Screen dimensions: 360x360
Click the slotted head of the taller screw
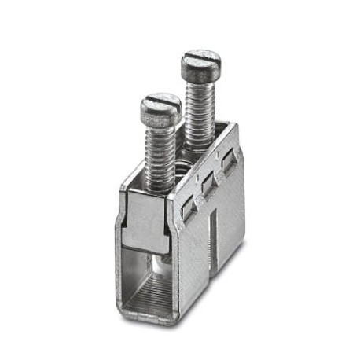200,61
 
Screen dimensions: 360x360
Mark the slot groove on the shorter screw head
162,101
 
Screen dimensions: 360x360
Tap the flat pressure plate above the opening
145,222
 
